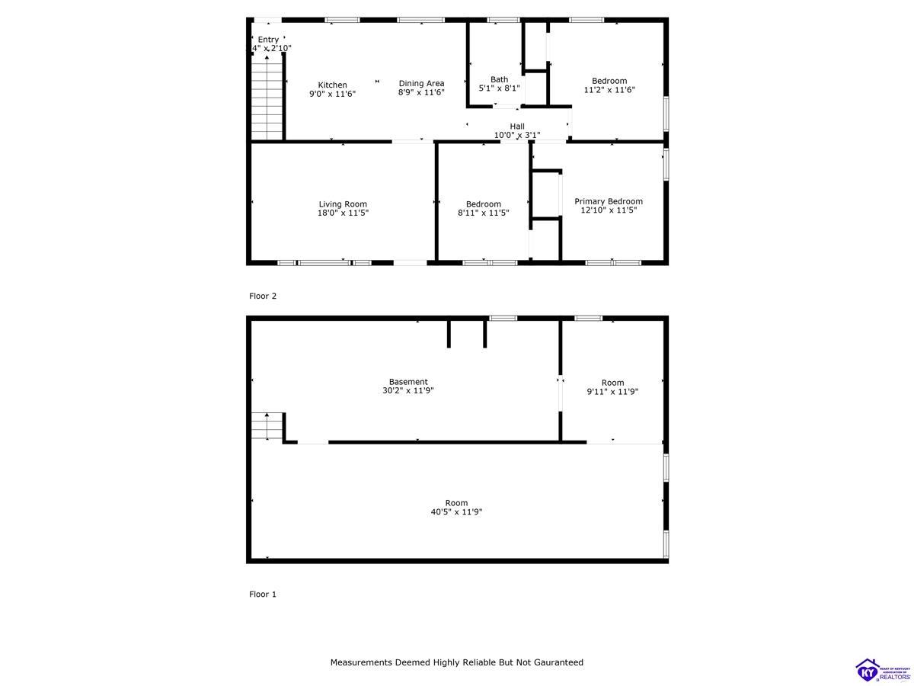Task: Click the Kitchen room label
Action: (332, 85)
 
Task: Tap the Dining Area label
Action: (421, 84)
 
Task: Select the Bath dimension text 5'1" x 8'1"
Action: (499, 88)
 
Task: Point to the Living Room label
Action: (343, 204)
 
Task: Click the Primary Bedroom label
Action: (609, 202)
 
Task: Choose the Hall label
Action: (517, 127)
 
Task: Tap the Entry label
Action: (268, 40)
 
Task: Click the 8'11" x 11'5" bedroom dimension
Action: (484, 213)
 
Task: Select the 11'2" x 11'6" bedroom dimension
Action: (609, 90)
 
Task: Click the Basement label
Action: (408, 382)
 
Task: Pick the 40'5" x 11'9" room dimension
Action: (456, 512)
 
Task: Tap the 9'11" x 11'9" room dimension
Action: (612, 392)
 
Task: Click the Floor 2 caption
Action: (263, 296)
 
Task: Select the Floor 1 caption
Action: (263, 594)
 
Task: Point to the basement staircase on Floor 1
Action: (267, 426)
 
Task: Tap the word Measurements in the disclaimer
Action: (361, 662)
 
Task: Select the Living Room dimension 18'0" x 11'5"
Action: (343, 213)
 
